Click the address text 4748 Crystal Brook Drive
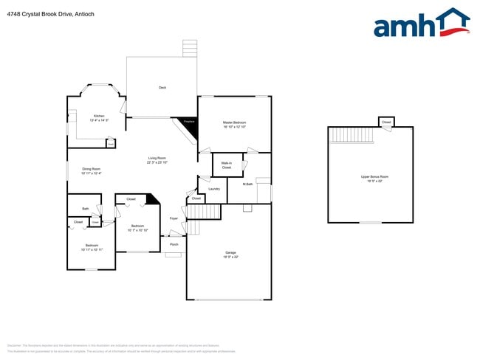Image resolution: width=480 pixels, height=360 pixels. pos(36,14)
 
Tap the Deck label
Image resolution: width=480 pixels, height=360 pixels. pos(162,88)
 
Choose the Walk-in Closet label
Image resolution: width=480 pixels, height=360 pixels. pos(227,166)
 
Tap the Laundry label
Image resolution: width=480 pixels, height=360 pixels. pos(214,189)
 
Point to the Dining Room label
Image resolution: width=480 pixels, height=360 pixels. pos(92,170)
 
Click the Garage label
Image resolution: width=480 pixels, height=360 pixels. pos(230,255)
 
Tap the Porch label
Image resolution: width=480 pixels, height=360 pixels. pos(174,244)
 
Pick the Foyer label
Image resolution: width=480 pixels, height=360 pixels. pos(174,219)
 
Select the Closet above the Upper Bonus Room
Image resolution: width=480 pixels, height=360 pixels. pos(386,122)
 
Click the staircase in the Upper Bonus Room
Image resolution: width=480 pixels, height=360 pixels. pos(352,135)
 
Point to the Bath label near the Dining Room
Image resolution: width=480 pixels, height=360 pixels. pos(86,209)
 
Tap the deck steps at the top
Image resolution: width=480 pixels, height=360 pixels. pos(191,48)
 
